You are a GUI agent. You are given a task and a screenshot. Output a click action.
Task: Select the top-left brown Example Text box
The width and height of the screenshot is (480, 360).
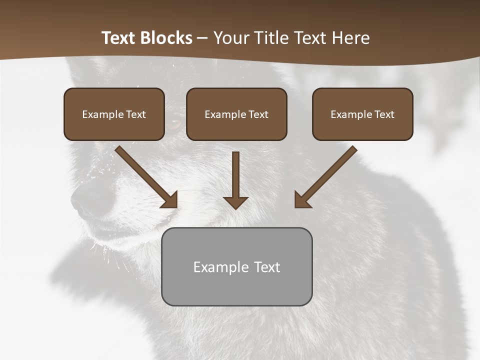point(114,114)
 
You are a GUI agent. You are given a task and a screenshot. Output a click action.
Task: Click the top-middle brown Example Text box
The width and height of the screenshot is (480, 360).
point(236,114)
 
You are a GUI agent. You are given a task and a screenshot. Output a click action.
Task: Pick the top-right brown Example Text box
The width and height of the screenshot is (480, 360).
point(362,114)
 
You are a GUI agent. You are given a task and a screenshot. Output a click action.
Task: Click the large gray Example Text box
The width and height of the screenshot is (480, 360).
point(236,266)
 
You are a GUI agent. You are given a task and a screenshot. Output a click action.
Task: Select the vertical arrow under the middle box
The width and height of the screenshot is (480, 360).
point(236,177)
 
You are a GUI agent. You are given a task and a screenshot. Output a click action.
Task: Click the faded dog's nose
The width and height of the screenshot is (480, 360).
point(87,200)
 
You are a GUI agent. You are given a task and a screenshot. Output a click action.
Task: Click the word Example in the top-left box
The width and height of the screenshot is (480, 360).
point(100,114)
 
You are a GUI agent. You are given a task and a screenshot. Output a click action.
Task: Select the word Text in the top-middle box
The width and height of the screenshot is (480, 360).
point(258,114)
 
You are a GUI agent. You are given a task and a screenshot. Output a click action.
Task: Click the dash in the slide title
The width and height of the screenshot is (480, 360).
point(202,38)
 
